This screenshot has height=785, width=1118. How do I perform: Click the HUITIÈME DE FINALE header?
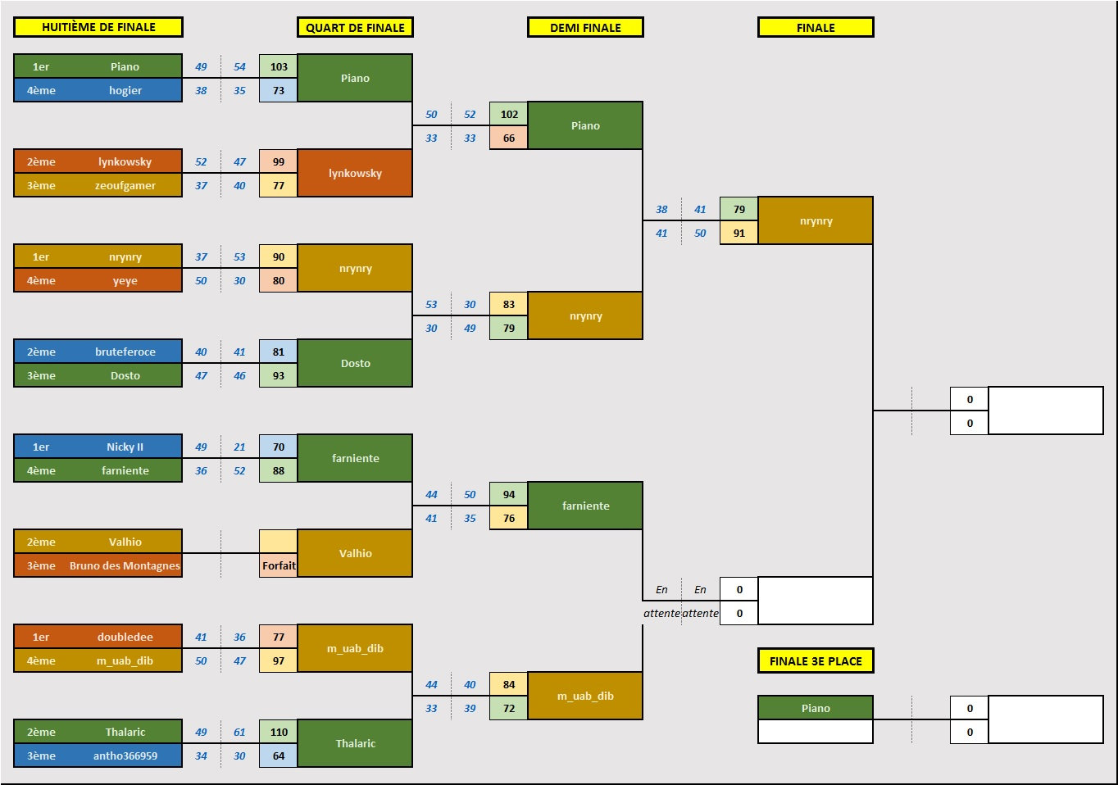click(98, 27)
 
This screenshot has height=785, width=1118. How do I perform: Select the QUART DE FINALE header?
click(355, 27)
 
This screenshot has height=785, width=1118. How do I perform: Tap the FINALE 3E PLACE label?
click(816, 660)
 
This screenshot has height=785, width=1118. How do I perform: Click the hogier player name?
click(125, 90)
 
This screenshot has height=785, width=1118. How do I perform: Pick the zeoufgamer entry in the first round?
click(125, 185)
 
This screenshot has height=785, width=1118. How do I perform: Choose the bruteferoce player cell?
click(125, 352)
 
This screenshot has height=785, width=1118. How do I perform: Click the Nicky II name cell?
click(125, 447)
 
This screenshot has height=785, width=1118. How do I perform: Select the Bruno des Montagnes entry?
click(125, 565)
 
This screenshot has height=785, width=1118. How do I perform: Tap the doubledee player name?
click(125, 637)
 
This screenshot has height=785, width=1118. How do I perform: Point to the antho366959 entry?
click(125, 756)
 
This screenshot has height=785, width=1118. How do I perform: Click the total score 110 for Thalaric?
click(279, 732)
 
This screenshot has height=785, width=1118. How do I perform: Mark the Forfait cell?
click(279, 565)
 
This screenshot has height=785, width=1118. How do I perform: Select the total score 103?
click(279, 66)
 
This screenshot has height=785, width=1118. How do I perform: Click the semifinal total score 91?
click(739, 233)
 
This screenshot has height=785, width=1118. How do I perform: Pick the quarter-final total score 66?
click(509, 138)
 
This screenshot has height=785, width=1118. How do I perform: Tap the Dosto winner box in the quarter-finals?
click(355, 363)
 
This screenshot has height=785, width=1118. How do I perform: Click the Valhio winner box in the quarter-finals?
click(355, 553)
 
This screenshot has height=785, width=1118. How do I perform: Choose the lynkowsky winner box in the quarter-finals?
click(355, 173)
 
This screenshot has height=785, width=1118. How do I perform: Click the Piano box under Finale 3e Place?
click(816, 708)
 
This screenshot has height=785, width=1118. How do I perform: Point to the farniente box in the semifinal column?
click(585, 506)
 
